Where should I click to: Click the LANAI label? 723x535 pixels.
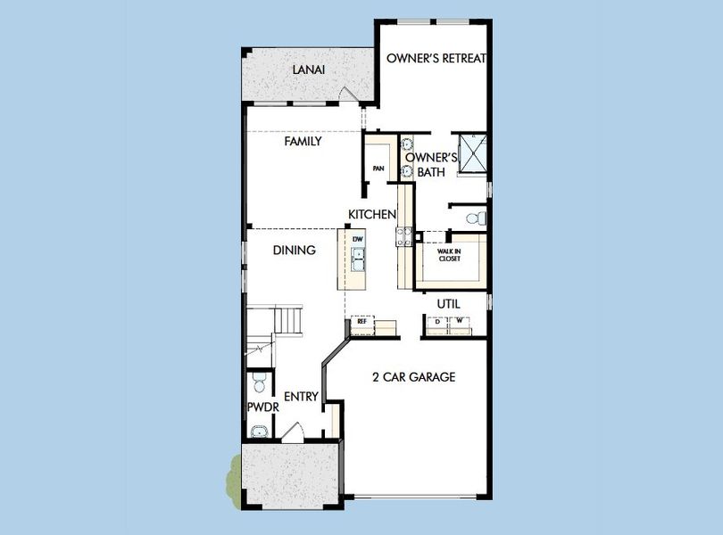click(308, 70)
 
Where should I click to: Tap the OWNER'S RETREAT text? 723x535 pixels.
click(436, 59)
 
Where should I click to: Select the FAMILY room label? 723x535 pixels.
click(303, 141)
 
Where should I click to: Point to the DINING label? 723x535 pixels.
click(294, 251)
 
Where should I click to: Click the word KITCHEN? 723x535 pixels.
click(372, 215)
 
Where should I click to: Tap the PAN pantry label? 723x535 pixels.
click(378, 168)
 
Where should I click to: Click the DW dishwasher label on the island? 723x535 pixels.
click(358, 239)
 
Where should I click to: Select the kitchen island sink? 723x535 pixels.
click(358, 259)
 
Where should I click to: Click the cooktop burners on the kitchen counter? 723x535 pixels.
click(405, 236)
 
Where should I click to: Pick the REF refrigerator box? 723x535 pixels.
click(362, 321)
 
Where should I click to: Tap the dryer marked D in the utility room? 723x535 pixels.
click(437, 320)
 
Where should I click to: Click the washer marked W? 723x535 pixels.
click(460, 320)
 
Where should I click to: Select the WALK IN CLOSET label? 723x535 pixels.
click(448, 256)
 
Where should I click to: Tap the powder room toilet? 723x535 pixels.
click(257, 384)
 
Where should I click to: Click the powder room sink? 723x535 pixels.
click(259, 432)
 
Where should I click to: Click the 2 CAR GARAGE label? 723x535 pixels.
click(413, 377)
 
